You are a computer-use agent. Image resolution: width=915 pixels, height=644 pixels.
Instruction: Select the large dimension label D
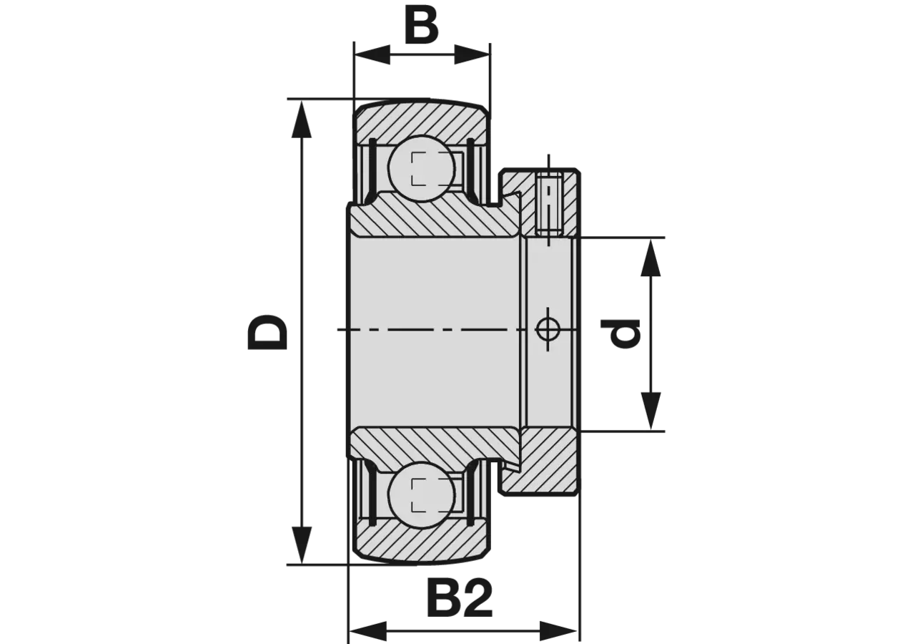coord(268,332)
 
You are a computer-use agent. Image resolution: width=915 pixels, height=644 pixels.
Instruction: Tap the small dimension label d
coord(620,333)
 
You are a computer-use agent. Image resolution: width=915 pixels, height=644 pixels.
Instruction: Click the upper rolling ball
coord(422,168)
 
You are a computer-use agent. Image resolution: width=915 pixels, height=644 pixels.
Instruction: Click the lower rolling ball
coord(422,496)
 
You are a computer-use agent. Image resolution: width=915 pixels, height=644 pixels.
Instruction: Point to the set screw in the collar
coord(549,204)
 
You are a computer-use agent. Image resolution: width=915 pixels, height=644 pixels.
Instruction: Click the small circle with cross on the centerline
coord(548,329)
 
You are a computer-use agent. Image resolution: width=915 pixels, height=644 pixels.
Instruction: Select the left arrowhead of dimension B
coord(372,55)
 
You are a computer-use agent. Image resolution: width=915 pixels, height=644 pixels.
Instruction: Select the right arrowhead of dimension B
coord(473,55)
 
